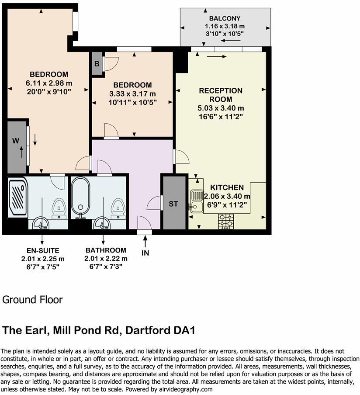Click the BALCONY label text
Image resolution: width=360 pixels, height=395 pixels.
[x=225, y=18]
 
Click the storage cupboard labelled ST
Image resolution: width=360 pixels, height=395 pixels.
[x=173, y=204]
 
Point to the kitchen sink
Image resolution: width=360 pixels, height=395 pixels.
[x=196, y=201]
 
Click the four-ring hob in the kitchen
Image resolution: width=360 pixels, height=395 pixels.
[x=226, y=221]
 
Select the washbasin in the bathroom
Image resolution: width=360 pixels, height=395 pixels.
[x=102, y=223]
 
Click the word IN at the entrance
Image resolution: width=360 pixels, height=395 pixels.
[x=145, y=253]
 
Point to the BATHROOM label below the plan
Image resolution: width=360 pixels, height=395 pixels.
[x=106, y=250]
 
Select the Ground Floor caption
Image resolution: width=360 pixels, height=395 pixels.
[x=33, y=300]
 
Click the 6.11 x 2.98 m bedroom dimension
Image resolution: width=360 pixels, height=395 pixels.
[x=49, y=83]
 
